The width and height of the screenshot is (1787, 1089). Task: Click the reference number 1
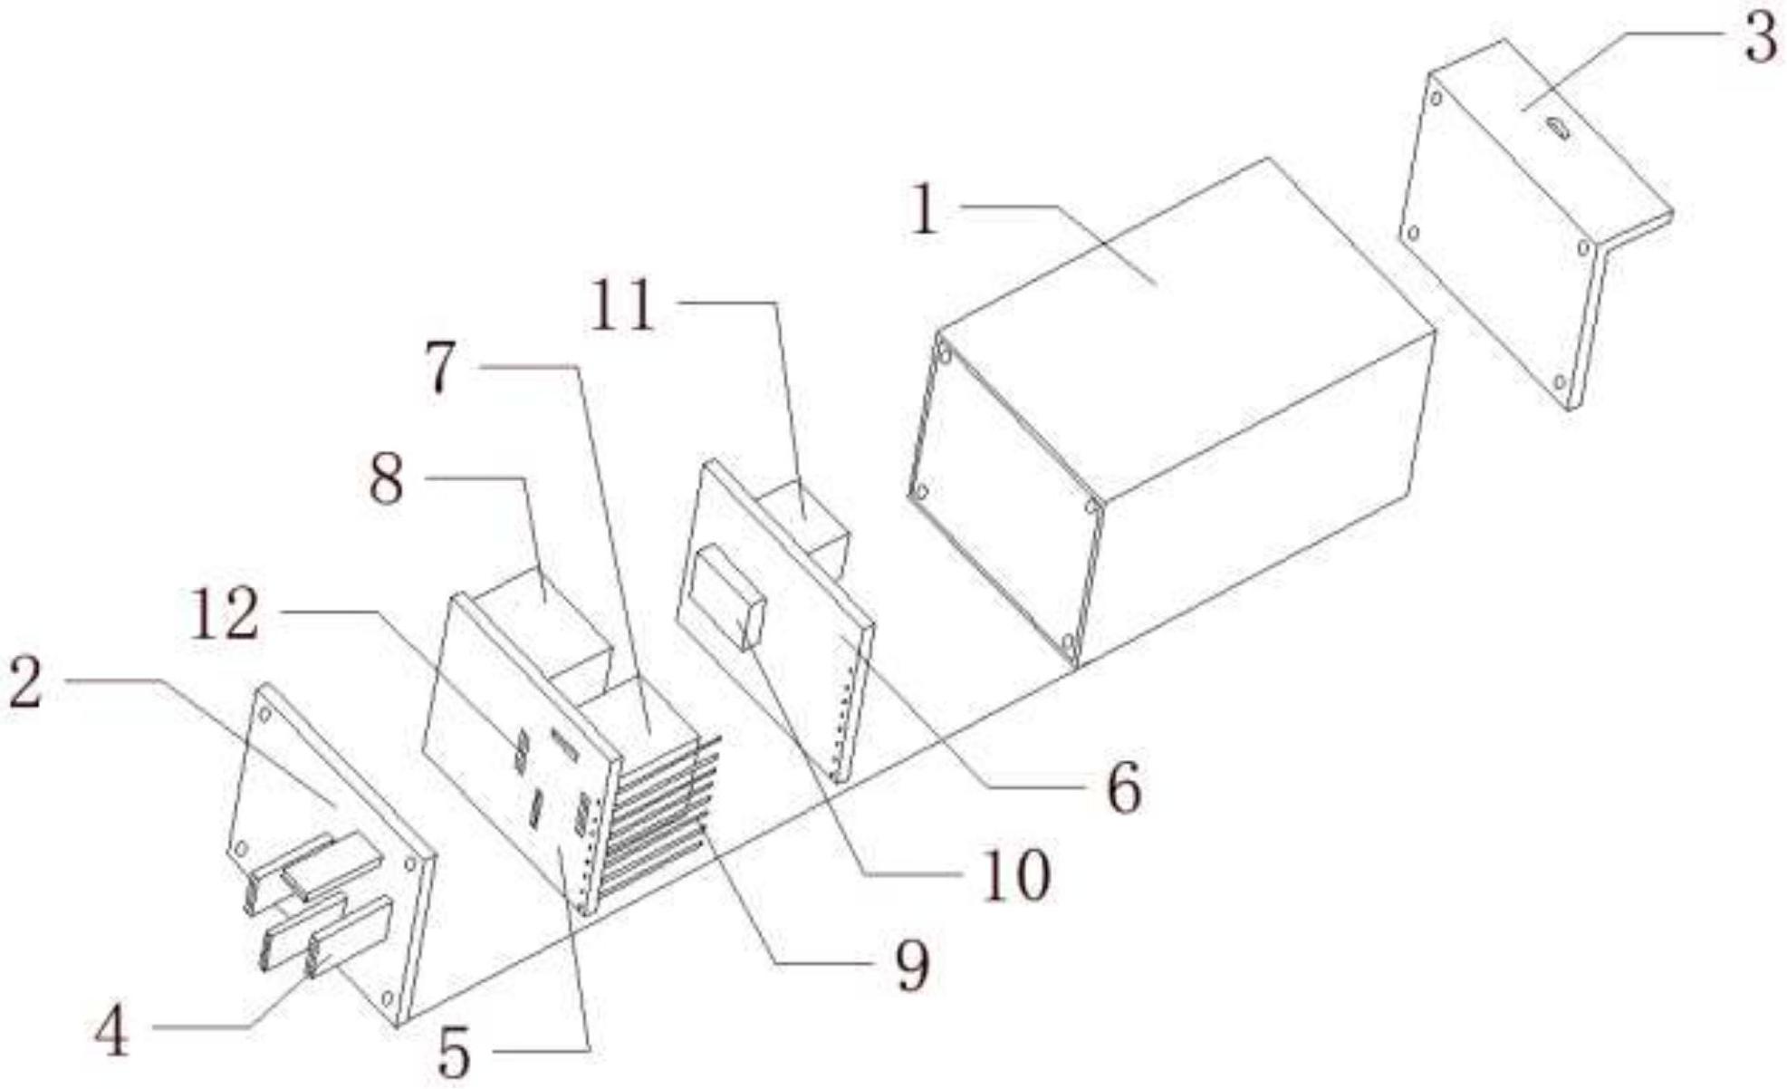[x=924, y=210]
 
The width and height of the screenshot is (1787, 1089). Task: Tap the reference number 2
[x=25, y=683]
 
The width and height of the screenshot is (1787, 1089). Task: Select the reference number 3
[x=1760, y=41]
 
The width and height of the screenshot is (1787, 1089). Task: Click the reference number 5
[x=454, y=1054]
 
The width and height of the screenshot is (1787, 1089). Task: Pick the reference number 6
[x=1123, y=788]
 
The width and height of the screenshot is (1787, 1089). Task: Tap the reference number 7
[x=441, y=369]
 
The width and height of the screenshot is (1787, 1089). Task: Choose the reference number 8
[x=386, y=480]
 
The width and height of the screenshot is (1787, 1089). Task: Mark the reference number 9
[x=911, y=966]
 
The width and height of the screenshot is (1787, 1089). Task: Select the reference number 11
[x=622, y=306]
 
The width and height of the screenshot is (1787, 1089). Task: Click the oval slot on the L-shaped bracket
[x=1558, y=130]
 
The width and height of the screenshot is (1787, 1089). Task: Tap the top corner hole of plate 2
[x=266, y=714]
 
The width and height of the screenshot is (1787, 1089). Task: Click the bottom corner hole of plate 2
[x=387, y=997]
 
